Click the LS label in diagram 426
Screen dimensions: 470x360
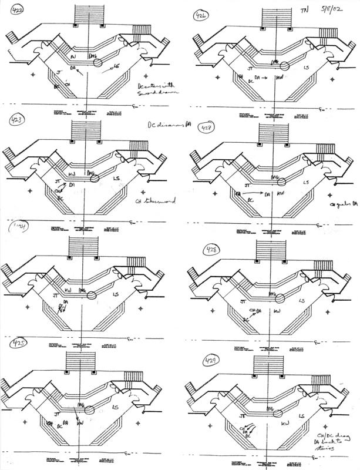pyautogui.click(x=306, y=68)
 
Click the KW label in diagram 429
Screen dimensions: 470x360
pyautogui.click(x=285, y=423)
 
